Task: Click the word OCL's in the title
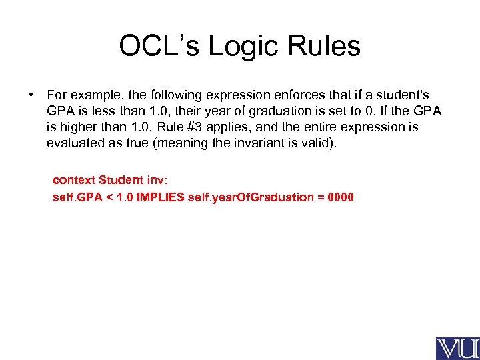pos(159,47)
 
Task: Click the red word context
pos(74,180)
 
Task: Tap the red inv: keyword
pos(157,180)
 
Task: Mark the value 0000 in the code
pos(339,197)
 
